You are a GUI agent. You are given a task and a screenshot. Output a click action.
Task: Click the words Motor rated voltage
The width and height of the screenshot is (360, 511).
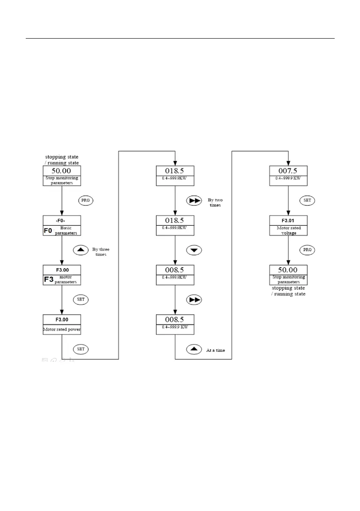click(288, 230)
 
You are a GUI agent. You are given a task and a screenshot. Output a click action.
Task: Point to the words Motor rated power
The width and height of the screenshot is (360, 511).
click(62, 330)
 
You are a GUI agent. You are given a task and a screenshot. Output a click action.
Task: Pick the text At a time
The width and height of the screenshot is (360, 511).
click(215, 350)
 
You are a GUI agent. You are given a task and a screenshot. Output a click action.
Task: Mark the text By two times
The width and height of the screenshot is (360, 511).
click(215, 202)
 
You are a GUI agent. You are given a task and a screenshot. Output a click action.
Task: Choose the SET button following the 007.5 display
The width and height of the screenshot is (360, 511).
click(307, 200)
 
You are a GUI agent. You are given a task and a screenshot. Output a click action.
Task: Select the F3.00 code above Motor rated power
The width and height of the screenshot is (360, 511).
click(62, 320)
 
